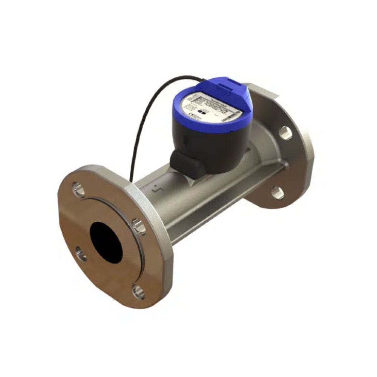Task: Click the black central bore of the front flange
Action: coord(106,239)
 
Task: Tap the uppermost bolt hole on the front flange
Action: coord(79,188)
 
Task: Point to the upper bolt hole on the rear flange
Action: coord(285,133)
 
